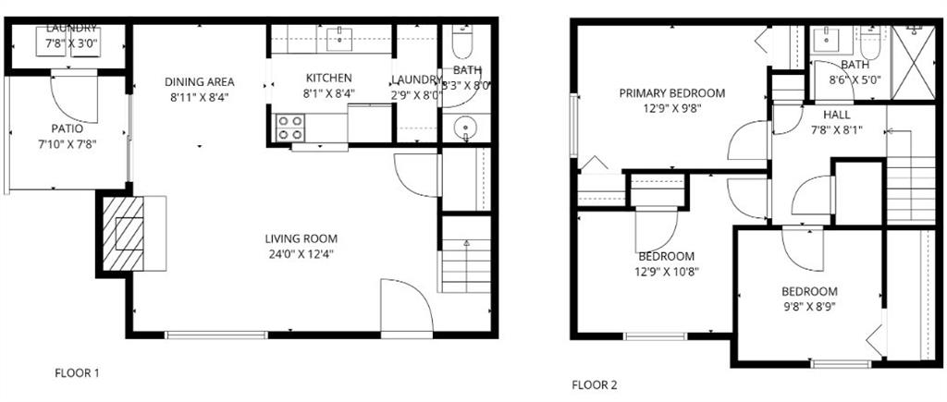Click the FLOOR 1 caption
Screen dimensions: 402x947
(x=78, y=373)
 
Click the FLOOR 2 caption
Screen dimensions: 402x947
(x=594, y=384)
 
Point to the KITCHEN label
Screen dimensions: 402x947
(x=328, y=79)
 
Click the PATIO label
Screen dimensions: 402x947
(x=67, y=128)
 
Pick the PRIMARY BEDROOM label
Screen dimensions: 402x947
(x=671, y=93)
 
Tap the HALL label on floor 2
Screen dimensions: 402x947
(x=838, y=114)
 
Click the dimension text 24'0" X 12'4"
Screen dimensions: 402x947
(x=302, y=253)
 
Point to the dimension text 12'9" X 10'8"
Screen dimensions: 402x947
(x=666, y=272)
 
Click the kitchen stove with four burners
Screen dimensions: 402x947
(x=291, y=127)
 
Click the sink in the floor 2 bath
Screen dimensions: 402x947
(x=824, y=40)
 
